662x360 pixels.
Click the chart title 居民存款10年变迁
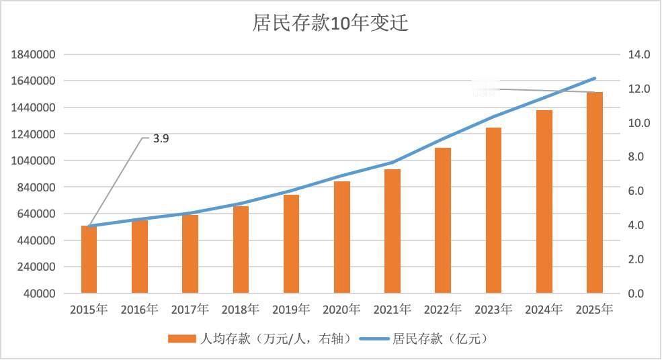(x=330, y=23)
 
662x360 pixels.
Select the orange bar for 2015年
(x=89, y=259)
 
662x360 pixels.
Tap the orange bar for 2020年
(x=342, y=237)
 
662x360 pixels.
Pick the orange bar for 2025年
(x=595, y=193)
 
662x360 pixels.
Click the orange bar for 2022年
(x=443, y=220)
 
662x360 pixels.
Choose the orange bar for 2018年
(x=241, y=249)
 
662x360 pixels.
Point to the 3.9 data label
(x=161, y=139)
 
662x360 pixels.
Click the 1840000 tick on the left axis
(x=33, y=54)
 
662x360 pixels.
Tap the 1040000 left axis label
(x=33, y=161)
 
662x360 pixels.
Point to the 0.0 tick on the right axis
(x=635, y=294)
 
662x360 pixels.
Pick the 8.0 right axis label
(x=635, y=157)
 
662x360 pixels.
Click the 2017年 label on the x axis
(x=190, y=310)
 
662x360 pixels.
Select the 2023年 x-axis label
(x=493, y=310)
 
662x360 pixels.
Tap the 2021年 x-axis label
(x=392, y=310)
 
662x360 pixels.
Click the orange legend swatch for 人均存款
(x=181, y=339)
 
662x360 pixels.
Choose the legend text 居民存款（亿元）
(x=440, y=339)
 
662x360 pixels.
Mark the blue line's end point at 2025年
(x=595, y=78)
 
